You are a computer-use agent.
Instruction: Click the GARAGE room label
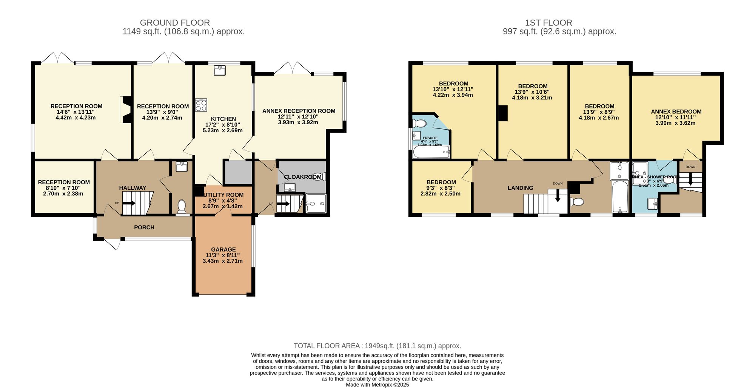click(223, 249)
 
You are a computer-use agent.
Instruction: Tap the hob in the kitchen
click(201, 105)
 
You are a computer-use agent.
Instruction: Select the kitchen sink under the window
click(220, 70)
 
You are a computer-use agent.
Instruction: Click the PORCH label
click(144, 227)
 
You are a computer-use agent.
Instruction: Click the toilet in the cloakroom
click(318, 176)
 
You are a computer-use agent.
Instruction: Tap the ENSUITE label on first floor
click(430, 138)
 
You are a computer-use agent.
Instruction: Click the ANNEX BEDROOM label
click(676, 111)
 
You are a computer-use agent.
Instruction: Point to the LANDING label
click(520, 188)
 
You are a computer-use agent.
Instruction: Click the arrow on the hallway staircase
click(129, 203)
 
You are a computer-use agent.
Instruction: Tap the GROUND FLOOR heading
click(175, 23)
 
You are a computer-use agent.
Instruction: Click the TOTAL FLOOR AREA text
click(377, 346)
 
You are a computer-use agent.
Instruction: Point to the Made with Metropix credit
click(377, 385)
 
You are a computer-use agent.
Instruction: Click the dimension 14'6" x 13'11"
click(75, 112)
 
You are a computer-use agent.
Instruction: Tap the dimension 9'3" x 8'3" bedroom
click(441, 188)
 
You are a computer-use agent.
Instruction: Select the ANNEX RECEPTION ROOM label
click(299, 111)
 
